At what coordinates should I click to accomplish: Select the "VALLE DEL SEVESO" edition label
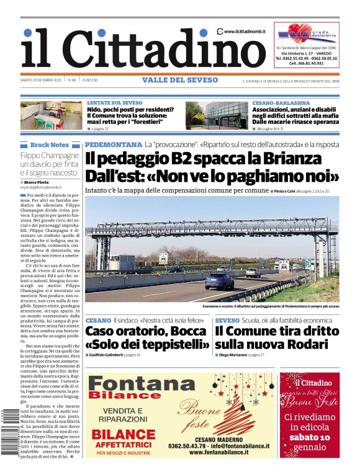(x=179, y=80)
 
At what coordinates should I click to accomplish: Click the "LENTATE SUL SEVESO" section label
(x=114, y=102)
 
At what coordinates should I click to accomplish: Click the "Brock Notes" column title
(x=49, y=144)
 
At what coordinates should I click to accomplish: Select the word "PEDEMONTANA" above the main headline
(x=114, y=144)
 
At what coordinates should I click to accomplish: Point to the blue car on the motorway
(x=220, y=280)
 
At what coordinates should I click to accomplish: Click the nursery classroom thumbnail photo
(x=50, y=115)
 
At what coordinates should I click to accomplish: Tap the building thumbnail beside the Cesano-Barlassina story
(x=217, y=115)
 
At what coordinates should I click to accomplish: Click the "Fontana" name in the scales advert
(x=133, y=384)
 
